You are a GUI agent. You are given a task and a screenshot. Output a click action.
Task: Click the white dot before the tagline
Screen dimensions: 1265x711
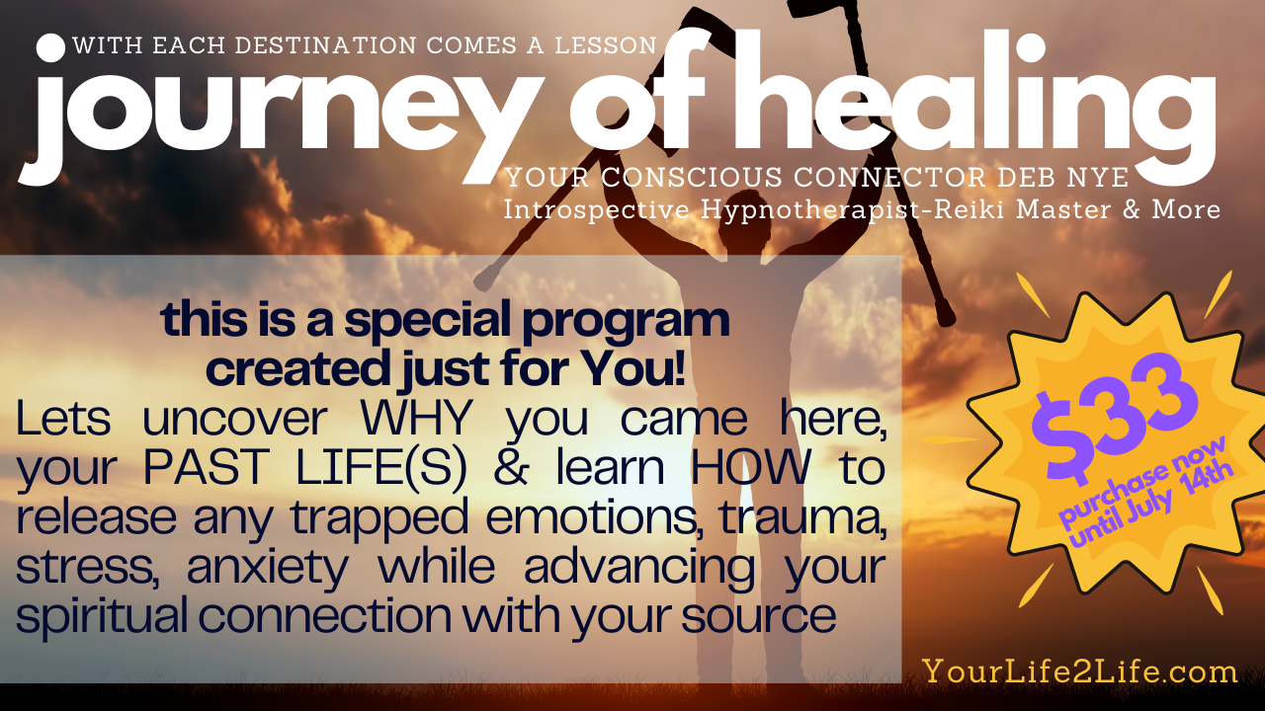pos(50,48)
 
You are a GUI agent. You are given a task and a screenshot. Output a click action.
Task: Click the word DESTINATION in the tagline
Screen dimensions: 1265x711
pos(326,45)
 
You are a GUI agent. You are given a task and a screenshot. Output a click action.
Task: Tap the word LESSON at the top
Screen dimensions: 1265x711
pos(606,45)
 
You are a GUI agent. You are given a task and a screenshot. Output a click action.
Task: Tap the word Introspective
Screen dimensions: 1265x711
pos(596,210)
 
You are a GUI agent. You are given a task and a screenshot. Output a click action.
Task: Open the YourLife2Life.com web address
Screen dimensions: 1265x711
pos(1080,672)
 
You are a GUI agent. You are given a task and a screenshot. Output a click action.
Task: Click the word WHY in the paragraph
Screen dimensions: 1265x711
pos(416,419)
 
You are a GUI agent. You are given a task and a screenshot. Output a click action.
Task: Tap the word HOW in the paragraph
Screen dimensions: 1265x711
pos(750,468)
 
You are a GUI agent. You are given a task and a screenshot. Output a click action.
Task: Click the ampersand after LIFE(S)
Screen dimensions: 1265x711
pos(512,468)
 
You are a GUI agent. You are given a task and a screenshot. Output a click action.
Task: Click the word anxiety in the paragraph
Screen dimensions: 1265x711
pos(267,569)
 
